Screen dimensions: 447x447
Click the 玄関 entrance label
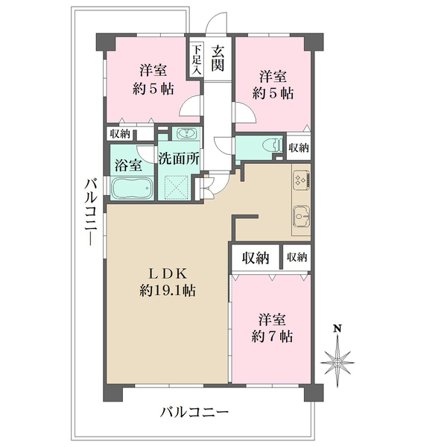click(218, 59)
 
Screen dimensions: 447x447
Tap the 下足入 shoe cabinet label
click(196, 60)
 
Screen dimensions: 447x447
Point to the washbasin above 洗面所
click(186, 133)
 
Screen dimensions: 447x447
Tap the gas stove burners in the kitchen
click(301, 180)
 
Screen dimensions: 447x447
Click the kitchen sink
click(301, 216)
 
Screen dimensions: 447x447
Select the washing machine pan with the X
click(176, 187)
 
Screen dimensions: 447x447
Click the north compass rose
click(337, 362)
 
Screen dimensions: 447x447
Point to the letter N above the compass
click(338, 329)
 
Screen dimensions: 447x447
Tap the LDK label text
click(168, 274)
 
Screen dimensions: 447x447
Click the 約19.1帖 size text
click(168, 291)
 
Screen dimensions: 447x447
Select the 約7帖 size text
click(272, 337)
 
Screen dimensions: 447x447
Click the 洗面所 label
click(179, 159)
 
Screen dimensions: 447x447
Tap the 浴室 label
click(128, 165)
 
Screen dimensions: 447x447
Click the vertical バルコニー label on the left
click(91, 212)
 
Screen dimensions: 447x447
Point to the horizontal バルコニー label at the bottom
click(194, 412)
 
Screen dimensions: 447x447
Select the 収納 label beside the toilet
click(299, 148)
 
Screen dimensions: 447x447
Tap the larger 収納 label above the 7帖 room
click(256, 258)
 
